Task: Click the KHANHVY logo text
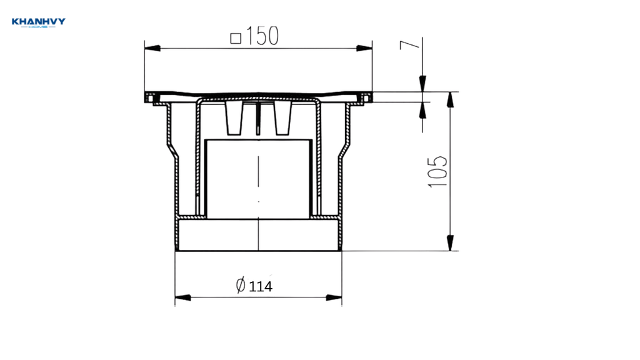click(x=38, y=21)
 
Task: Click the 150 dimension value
click(x=262, y=36)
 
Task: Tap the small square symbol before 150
click(x=236, y=38)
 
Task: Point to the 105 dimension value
click(x=437, y=171)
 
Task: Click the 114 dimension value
click(x=261, y=286)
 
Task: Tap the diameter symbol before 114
click(x=241, y=284)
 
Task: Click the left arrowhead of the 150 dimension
click(x=152, y=48)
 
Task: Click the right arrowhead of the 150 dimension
click(x=364, y=48)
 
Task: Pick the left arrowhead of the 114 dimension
click(x=183, y=297)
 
